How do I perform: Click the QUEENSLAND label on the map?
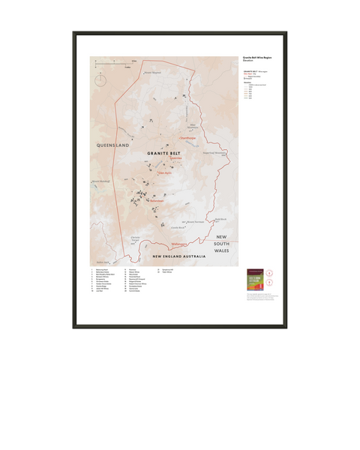pos(110,142)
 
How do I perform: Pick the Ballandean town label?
pos(156,203)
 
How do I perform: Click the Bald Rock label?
pos(220,219)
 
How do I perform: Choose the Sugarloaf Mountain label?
pos(215,151)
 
